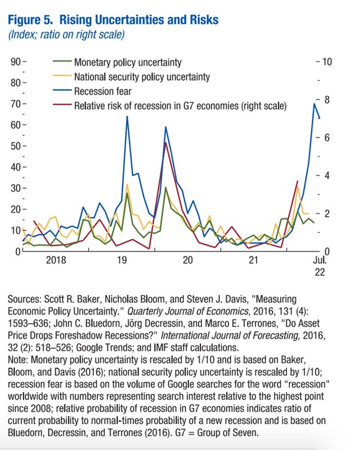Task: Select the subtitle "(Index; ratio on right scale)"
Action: [x=66, y=35]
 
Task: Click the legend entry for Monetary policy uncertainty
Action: [x=127, y=62]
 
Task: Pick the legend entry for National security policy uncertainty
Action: [x=142, y=77]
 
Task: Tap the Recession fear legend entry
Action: [x=102, y=92]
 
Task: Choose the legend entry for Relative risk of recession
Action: [x=180, y=106]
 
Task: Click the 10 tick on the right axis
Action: [x=326, y=62]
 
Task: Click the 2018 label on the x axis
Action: [x=56, y=260]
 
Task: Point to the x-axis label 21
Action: [x=254, y=260]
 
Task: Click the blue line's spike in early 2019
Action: [x=127, y=117]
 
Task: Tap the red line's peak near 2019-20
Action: [x=164, y=142]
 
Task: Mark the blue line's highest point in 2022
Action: [x=315, y=104]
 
